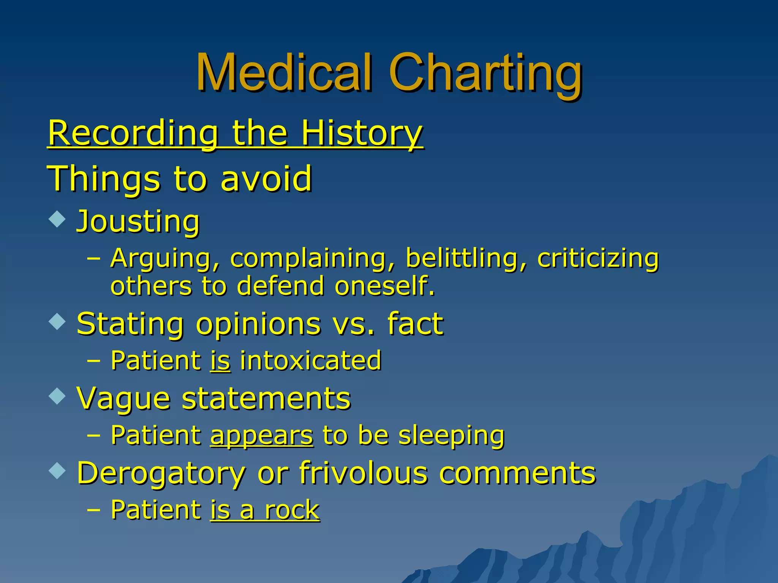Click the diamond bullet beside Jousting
click(57, 219)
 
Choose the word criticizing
click(598, 258)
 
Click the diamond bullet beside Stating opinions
click(57, 321)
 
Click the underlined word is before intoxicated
click(220, 360)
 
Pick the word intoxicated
click(311, 360)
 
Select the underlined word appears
click(262, 435)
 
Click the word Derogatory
click(161, 473)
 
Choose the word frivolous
click(363, 473)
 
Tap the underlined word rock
click(292, 510)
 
